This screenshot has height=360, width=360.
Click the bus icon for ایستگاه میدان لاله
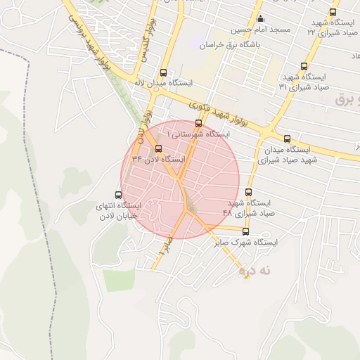(164, 72)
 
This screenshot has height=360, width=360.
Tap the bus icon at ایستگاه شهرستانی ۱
(198, 123)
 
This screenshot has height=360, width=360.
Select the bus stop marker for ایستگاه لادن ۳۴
(157, 148)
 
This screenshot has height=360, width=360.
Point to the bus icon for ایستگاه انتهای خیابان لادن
(118, 195)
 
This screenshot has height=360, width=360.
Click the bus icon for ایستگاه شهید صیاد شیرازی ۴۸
(248, 192)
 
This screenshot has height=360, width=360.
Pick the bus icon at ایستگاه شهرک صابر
(245, 231)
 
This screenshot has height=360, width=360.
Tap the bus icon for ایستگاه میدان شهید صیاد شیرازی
(287, 139)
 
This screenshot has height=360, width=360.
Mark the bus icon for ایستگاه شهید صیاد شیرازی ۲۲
(333, 12)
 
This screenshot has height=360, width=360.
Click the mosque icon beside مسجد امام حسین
(261, 18)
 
